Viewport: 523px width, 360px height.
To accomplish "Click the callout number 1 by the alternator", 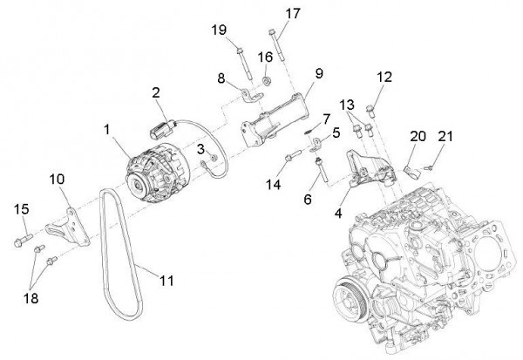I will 107,130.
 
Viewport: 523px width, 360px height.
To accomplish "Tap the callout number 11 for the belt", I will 166,281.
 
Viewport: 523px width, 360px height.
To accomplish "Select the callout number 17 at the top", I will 292,13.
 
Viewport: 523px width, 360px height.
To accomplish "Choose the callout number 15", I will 23,208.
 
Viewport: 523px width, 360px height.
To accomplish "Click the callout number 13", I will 347,102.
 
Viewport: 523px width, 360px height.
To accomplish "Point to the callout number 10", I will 57,179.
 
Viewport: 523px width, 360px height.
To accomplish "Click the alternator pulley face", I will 135,182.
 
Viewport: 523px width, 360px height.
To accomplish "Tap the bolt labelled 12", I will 373,110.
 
